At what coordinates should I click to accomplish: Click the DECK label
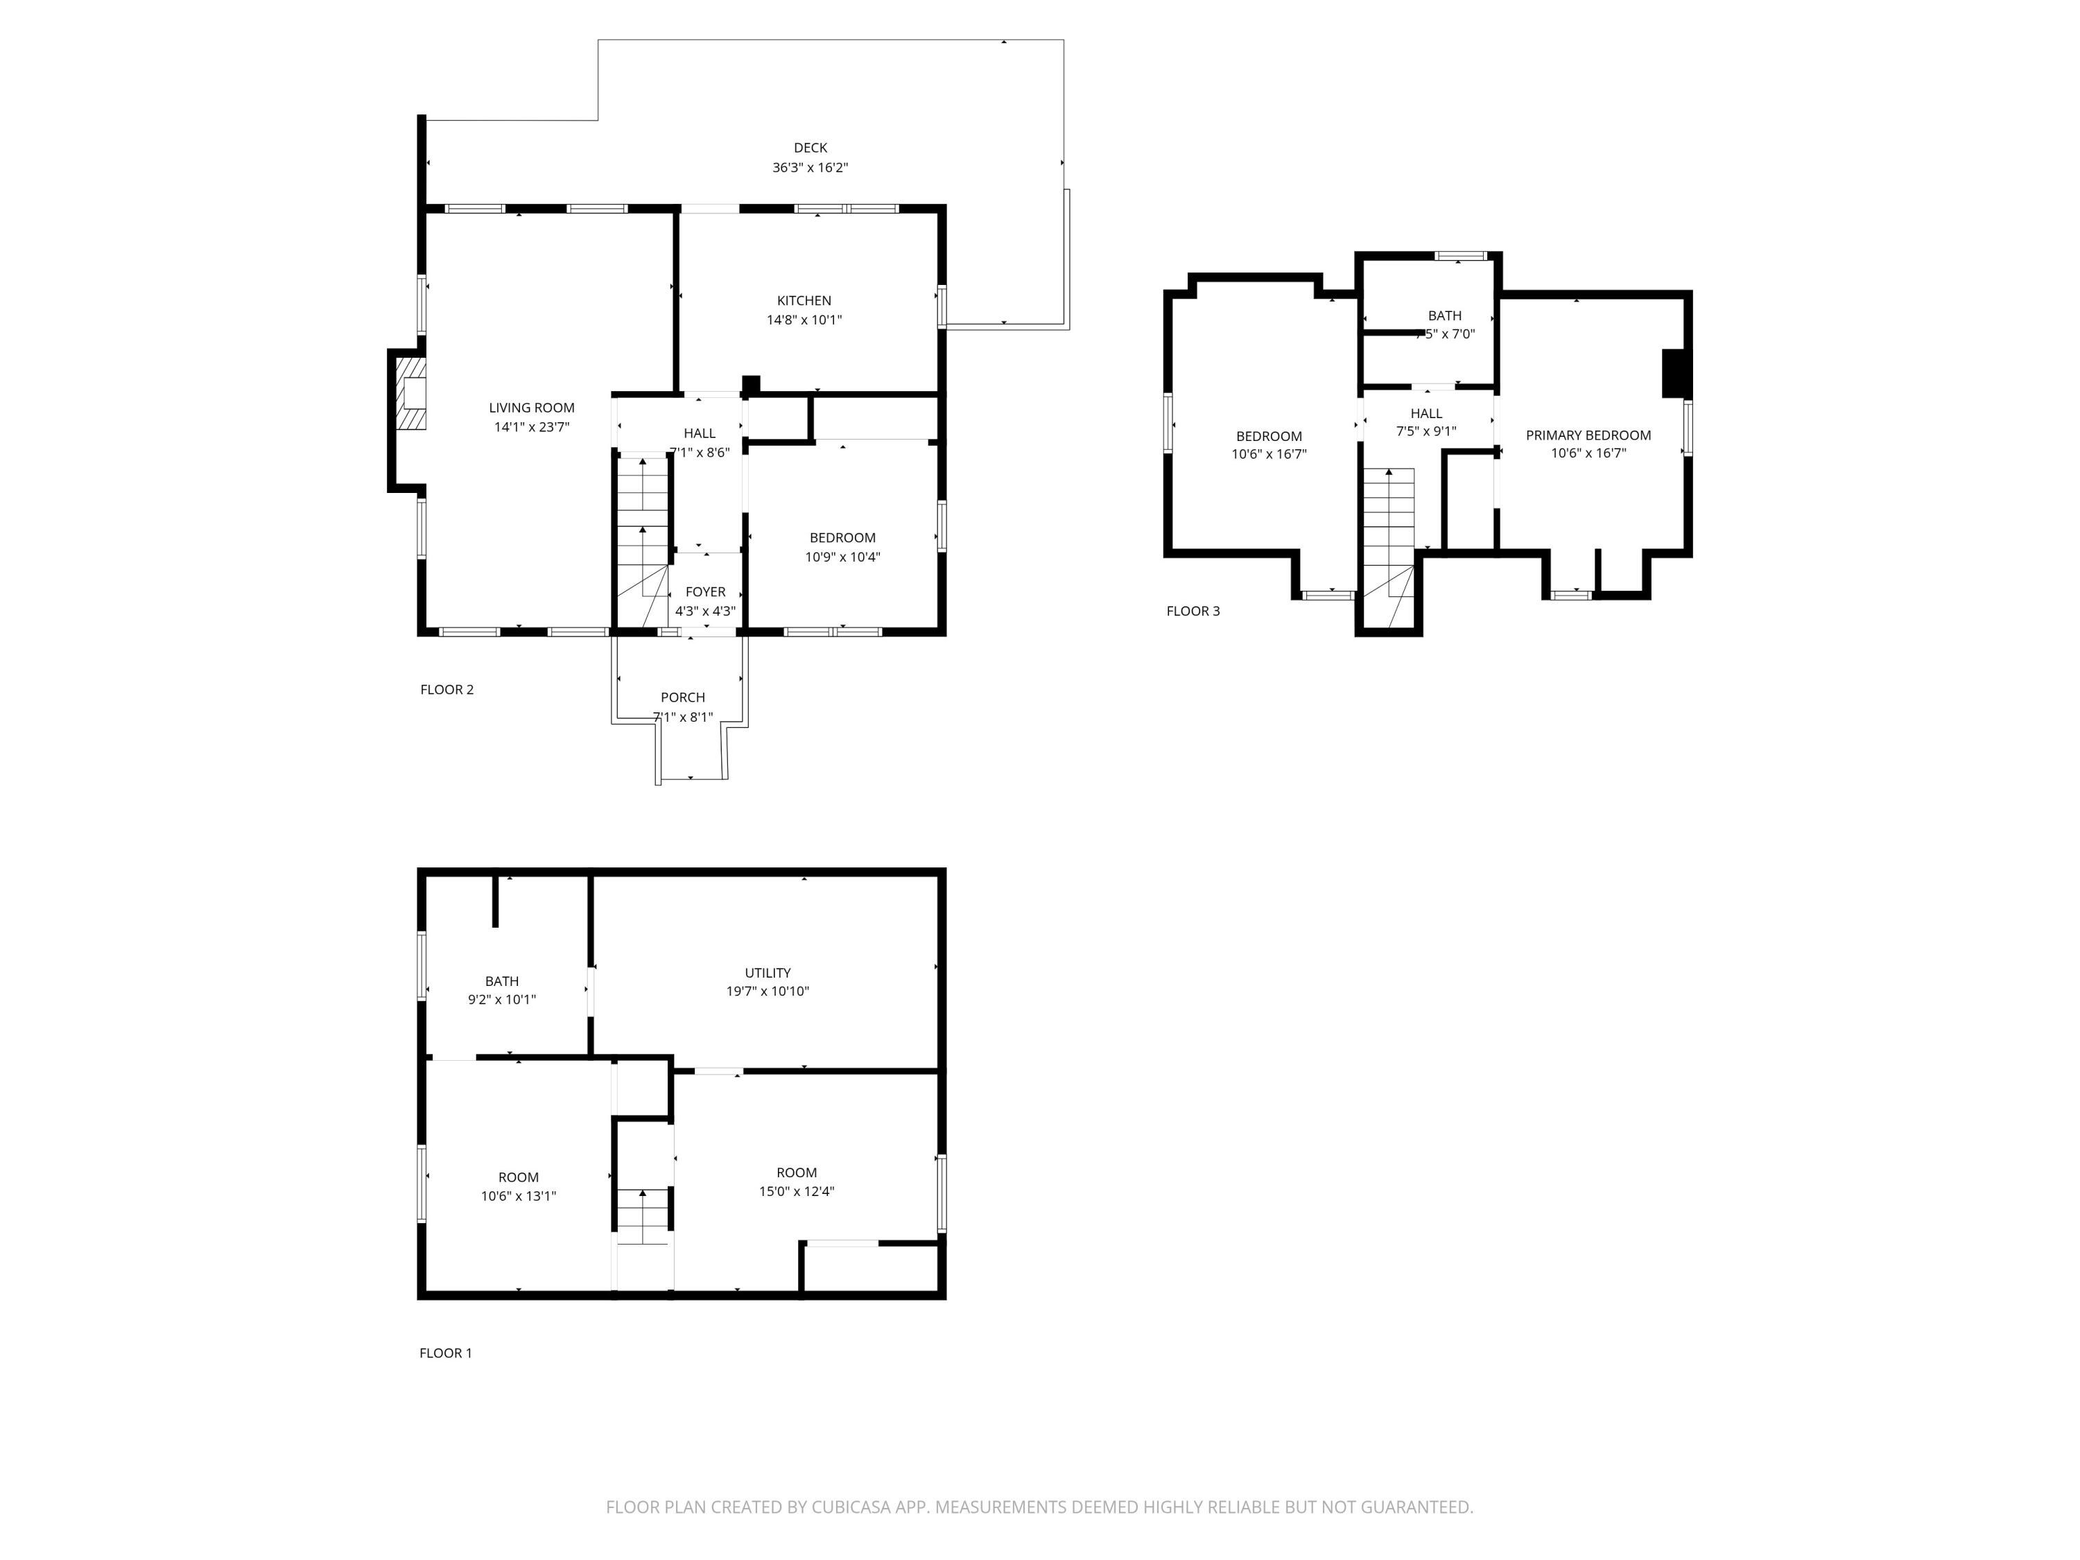pyautogui.click(x=810, y=148)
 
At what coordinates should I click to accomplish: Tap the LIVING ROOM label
pyautogui.click(x=531, y=407)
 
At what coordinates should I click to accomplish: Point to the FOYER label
pyautogui.click(x=705, y=591)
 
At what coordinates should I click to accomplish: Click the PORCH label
pyautogui.click(x=683, y=697)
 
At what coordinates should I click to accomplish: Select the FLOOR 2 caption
pyautogui.click(x=447, y=689)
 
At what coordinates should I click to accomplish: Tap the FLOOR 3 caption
pyautogui.click(x=1193, y=612)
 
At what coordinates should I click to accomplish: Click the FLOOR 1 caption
pyautogui.click(x=446, y=1353)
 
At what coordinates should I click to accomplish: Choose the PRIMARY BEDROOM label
pyautogui.click(x=1588, y=435)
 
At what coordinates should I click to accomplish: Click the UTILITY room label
pyautogui.click(x=768, y=972)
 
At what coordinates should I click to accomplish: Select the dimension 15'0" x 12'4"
pyautogui.click(x=797, y=1191)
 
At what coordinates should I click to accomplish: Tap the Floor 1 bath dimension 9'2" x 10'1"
pyautogui.click(x=502, y=1000)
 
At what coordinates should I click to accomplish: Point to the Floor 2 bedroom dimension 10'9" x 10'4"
pyautogui.click(x=842, y=557)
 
